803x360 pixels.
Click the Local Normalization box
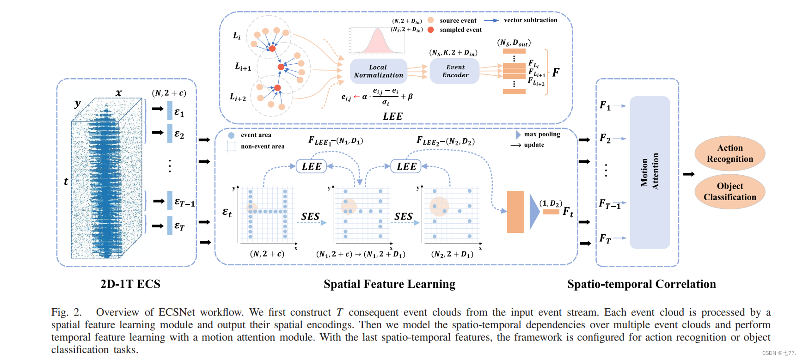pos(378,71)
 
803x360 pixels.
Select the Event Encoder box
pos(455,71)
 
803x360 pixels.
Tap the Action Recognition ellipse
pos(729,153)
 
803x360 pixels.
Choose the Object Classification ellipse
pos(729,191)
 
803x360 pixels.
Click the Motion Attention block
pos(650,172)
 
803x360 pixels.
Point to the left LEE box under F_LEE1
pos(311,166)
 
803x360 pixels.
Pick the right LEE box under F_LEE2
pos(406,166)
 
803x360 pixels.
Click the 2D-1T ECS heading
pos(130,284)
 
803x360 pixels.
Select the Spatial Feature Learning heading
pos(389,284)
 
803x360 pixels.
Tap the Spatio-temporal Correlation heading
pos(641,284)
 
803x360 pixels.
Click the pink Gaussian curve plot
pos(378,41)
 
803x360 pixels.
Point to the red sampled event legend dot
pos(430,30)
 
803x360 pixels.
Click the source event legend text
pos(458,20)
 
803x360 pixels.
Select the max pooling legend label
pos(542,134)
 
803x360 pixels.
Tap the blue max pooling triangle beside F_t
pos(534,212)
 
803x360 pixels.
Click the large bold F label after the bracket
pos(556,72)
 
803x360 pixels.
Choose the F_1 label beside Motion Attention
pos(605,105)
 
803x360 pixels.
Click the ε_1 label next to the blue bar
pos(179,112)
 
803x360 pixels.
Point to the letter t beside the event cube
pos(66,181)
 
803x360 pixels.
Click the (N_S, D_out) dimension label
pos(514,43)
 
